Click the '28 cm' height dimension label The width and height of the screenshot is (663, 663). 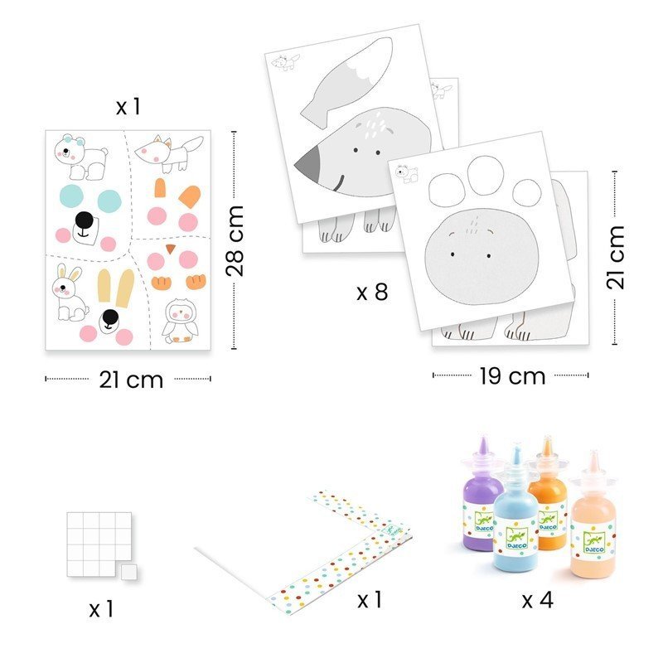pyautogui.click(x=235, y=241)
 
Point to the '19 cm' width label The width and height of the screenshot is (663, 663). pyautogui.click(x=512, y=376)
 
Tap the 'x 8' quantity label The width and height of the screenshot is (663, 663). pyautogui.click(x=372, y=292)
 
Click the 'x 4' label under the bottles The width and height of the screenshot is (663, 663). pyautogui.click(x=537, y=599)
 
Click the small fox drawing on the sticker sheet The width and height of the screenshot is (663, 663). pyautogui.click(x=170, y=153)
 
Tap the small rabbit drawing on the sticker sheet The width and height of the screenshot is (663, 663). pyautogui.click(x=70, y=293)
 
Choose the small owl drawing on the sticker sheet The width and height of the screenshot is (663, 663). pyautogui.click(x=181, y=322)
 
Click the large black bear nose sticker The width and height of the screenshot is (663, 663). pyautogui.click(x=85, y=220)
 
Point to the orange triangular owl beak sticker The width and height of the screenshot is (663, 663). pyautogui.click(x=171, y=249)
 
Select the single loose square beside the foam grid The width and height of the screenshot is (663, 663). pyautogui.click(x=128, y=572)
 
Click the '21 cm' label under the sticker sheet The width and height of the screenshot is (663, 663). pyautogui.click(x=131, y=380)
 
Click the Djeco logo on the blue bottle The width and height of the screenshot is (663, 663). pyautogui.click(x=516, y=537)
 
